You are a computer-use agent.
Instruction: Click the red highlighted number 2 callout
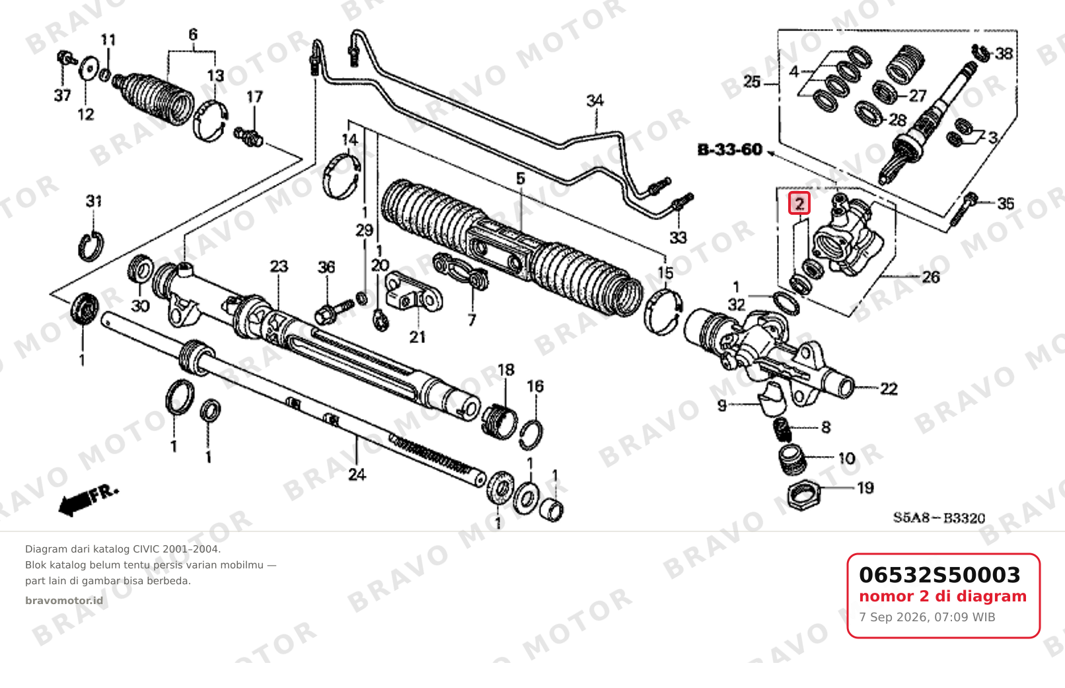click(799, 204)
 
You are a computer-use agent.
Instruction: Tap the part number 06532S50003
click(939, 575)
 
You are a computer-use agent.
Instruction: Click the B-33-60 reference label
click(730, 150)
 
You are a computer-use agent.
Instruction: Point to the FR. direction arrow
click(89, 501)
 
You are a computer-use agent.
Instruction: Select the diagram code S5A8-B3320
click(939, 517)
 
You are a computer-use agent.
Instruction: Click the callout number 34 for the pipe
click(595, 100)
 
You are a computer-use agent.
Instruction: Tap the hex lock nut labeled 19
click(803, 496)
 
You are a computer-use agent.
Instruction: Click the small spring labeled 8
click(782, 430)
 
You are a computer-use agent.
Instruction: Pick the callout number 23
click(279, 266)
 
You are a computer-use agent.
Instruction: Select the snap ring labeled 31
click(91, 247)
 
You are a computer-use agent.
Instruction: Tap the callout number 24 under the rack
click(357, 474)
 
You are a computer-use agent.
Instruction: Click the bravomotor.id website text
click(64, 601)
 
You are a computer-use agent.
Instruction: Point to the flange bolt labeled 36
click(334, 311)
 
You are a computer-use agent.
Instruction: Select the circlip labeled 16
click(531, 435)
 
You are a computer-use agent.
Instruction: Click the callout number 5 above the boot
click(521, 179)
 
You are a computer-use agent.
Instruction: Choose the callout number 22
click(889, 389)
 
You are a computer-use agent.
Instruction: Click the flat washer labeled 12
click(88, 70)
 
